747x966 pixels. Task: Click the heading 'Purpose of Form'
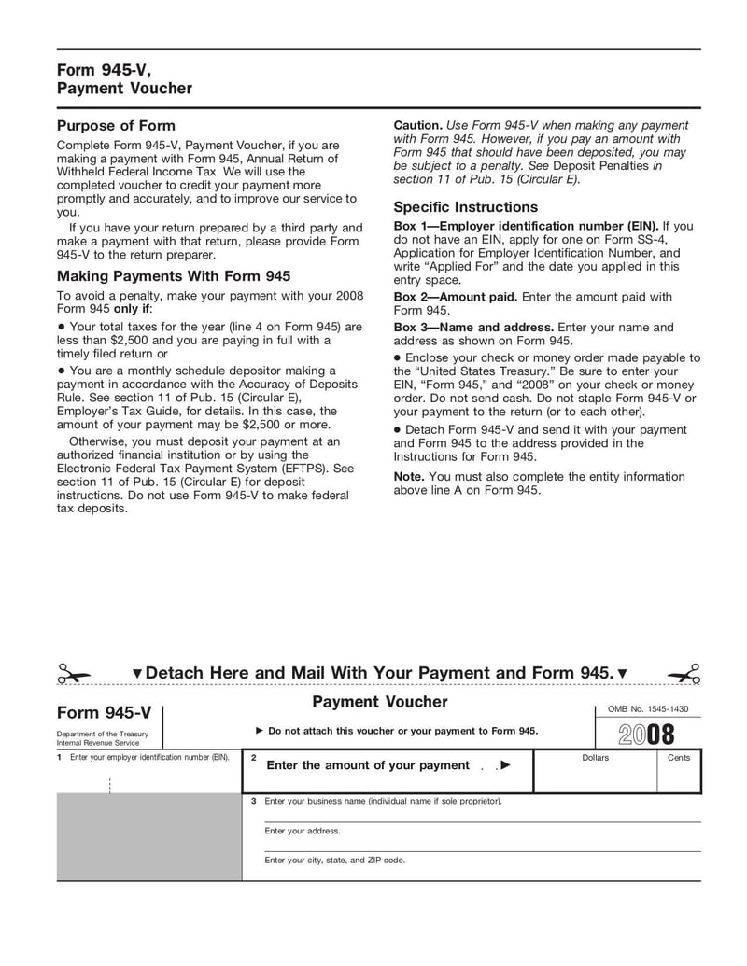[x=116, y=126]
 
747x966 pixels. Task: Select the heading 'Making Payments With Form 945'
[x=174, y=276]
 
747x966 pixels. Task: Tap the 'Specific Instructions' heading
[x=465, y=207]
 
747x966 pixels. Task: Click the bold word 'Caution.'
[x=417, y=125]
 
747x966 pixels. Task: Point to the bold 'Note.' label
[x=409, y=477]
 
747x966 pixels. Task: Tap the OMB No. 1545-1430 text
[x=647, y=709]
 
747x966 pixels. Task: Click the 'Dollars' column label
[x=595, y=758]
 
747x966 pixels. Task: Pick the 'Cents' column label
[x=679, y=758]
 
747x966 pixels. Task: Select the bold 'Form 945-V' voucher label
[x=104, y=713]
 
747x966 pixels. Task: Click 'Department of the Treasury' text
[x=102, y=735]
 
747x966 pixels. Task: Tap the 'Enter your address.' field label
[x=303, y=831]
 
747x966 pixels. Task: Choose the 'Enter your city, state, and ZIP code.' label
[x=334, y=861]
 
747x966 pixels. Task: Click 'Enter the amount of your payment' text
[x=368, y=765]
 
